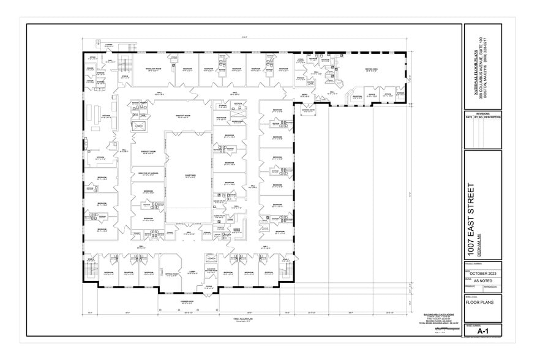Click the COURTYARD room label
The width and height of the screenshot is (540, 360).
pos(189,174)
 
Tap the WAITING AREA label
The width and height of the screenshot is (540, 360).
pos(373,69)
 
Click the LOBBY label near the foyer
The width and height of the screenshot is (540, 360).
pos(191,272)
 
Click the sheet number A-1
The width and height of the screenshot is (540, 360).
pos(483,331)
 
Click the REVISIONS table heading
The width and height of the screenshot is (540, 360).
pos(483,114)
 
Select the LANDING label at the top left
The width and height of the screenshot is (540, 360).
pos(108,45)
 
